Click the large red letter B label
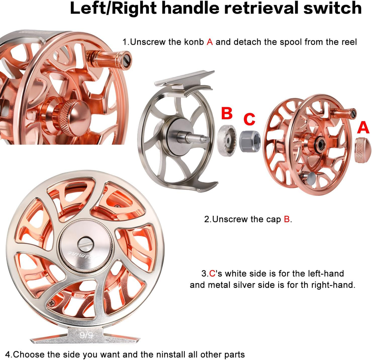(227, 113)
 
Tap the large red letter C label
(249, 119)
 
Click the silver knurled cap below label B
(227, 140)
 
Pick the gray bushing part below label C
(250, 141)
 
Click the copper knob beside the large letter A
(363, 150)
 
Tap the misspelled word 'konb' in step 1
(194, 42)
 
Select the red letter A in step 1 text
(210, 42)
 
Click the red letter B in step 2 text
(287, 219)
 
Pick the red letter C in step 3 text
(212, 273)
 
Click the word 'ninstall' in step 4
(171, 355)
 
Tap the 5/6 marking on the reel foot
(86, 335)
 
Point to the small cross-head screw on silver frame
(51, 303)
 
